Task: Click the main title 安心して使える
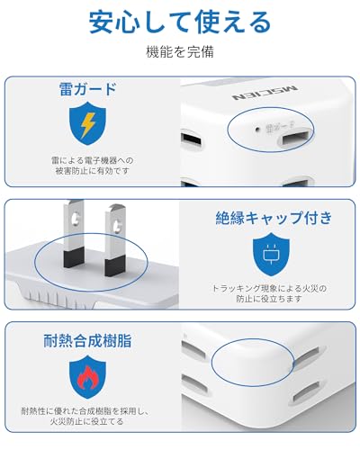coord(179,21)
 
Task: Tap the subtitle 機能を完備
coord(180,52)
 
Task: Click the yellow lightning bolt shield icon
coord(86,126)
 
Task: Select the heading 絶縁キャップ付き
coord(274,218)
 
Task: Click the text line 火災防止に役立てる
coord(87,421)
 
